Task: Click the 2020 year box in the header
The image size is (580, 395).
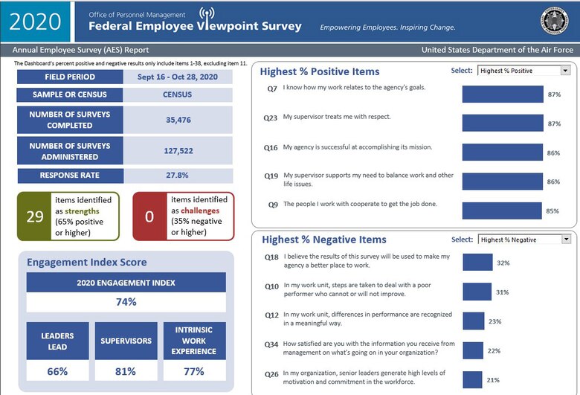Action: click(36, 21)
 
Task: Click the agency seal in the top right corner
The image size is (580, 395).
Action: click(554, 21)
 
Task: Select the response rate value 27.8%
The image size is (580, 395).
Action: click(178, 176)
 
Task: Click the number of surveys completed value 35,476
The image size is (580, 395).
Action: click(178, 119)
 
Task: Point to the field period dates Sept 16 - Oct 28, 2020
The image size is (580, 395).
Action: click(178, 77)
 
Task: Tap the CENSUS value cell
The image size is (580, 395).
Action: click(178, 95)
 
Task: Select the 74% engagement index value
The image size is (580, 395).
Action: click(126, 302)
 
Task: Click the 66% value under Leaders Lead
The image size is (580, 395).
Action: click(57, 371)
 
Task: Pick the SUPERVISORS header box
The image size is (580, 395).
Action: click(126, 341)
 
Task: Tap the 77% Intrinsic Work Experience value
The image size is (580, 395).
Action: click(194, 371)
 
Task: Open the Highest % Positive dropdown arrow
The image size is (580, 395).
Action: click(565, 71)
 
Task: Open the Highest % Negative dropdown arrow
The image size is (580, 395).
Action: click(565, 240)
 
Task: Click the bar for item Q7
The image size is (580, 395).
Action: click(502, 94)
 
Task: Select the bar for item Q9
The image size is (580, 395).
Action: click(502, 211)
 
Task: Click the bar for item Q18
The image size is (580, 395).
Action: click(477, 262)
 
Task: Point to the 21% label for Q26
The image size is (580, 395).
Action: click(492, 379)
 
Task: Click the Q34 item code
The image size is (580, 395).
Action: click(271, 344)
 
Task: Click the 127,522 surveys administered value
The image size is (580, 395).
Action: click(178, 150)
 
